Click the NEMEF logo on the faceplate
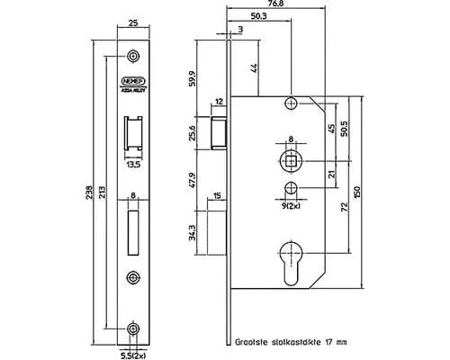(x=132, y=78)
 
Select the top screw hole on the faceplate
(x=133, y=57)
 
